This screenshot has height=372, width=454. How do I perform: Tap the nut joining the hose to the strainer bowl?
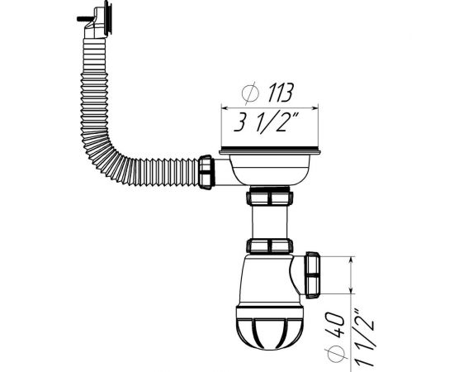tap(206, 172)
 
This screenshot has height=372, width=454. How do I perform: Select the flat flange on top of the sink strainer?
tap(269, 152)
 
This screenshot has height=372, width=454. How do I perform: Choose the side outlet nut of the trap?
tap(314, 274)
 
